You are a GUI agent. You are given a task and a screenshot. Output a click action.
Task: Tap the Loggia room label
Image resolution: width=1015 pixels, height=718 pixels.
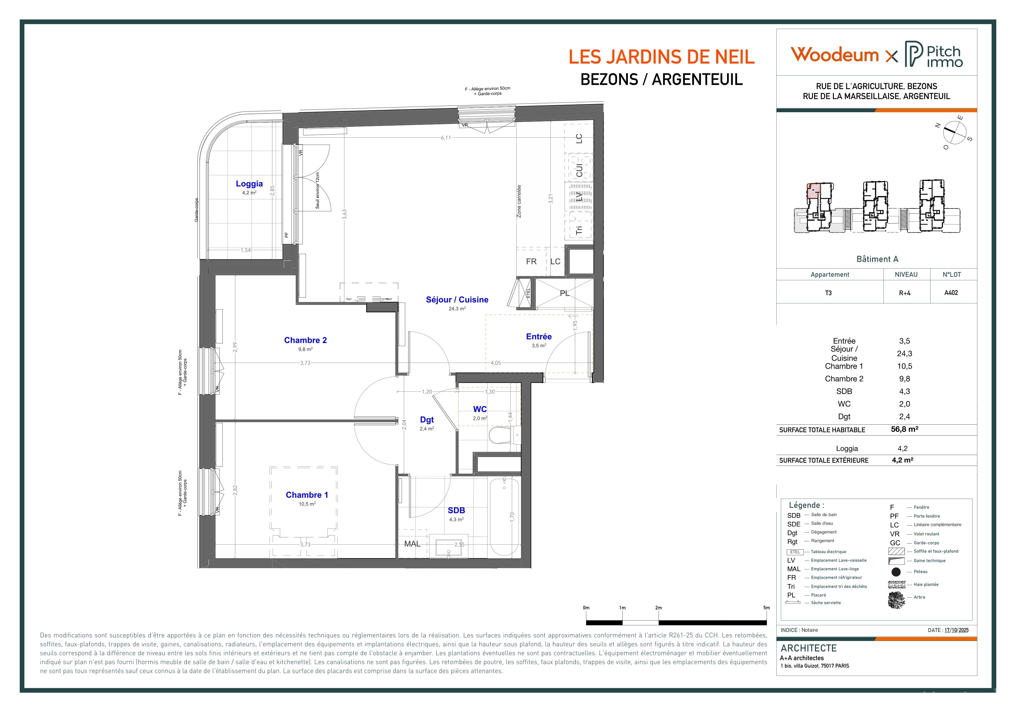[x=249, y=183]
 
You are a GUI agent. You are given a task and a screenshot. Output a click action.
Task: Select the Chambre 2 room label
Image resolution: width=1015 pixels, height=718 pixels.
[x=306, y=340]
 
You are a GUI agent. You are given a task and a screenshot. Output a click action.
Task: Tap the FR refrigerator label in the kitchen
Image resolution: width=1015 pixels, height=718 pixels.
[x=531, y=261]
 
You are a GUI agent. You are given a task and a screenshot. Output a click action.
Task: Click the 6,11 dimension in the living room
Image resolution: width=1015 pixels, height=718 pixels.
[x=446, y=138]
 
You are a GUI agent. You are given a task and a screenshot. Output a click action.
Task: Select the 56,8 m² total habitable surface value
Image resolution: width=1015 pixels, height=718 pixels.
[x=904, y=429]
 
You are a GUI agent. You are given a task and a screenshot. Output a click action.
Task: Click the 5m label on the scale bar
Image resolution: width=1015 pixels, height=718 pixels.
[x=767, y=608]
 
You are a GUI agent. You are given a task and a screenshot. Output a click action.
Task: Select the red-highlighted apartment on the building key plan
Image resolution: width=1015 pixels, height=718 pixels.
[x=814, y=191]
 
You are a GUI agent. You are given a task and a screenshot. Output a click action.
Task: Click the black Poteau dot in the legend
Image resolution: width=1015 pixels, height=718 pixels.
[x=896, y=572]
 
